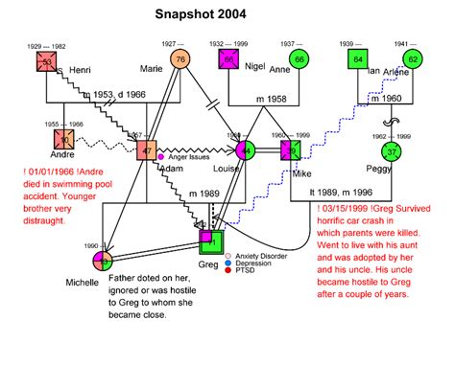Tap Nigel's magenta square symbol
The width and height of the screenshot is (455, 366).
point(228,60)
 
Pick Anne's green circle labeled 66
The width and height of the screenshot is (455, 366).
point(299,59)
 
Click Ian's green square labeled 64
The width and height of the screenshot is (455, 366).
point(357,59)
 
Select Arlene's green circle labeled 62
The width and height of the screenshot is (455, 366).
point(413,59)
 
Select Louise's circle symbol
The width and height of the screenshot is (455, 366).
point(247,150)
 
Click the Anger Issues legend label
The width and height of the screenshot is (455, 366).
point(197,156)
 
